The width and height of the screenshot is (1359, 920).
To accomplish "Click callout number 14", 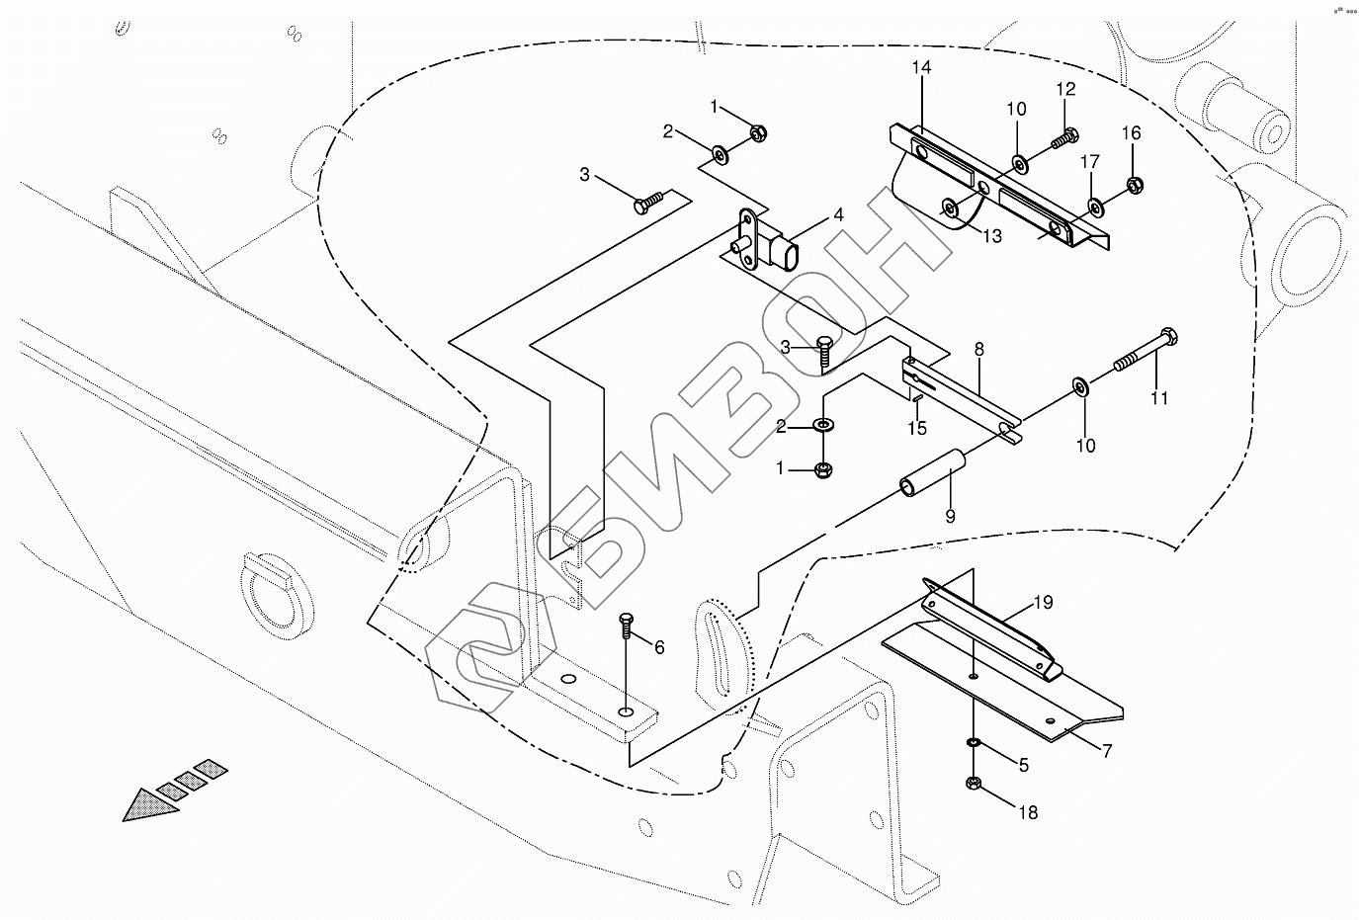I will coord(921,68).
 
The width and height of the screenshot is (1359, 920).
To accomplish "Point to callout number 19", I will coord(1044,602).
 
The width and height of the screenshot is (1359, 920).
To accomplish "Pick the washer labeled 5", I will coord(974,742).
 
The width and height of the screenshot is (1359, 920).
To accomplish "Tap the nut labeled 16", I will coord(1135,184).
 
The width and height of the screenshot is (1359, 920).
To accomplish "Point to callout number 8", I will coord(978,349).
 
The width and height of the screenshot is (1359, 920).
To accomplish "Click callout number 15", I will coord(918,428).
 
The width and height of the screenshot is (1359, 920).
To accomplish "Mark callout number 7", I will coord(1106,752).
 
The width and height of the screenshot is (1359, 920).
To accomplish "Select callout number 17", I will coord(1090,161).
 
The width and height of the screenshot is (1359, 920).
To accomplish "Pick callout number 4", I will coord(837,214).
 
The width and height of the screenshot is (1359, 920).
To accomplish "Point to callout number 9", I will coord(951,516).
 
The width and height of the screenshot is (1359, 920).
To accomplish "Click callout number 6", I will coord(658,647).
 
